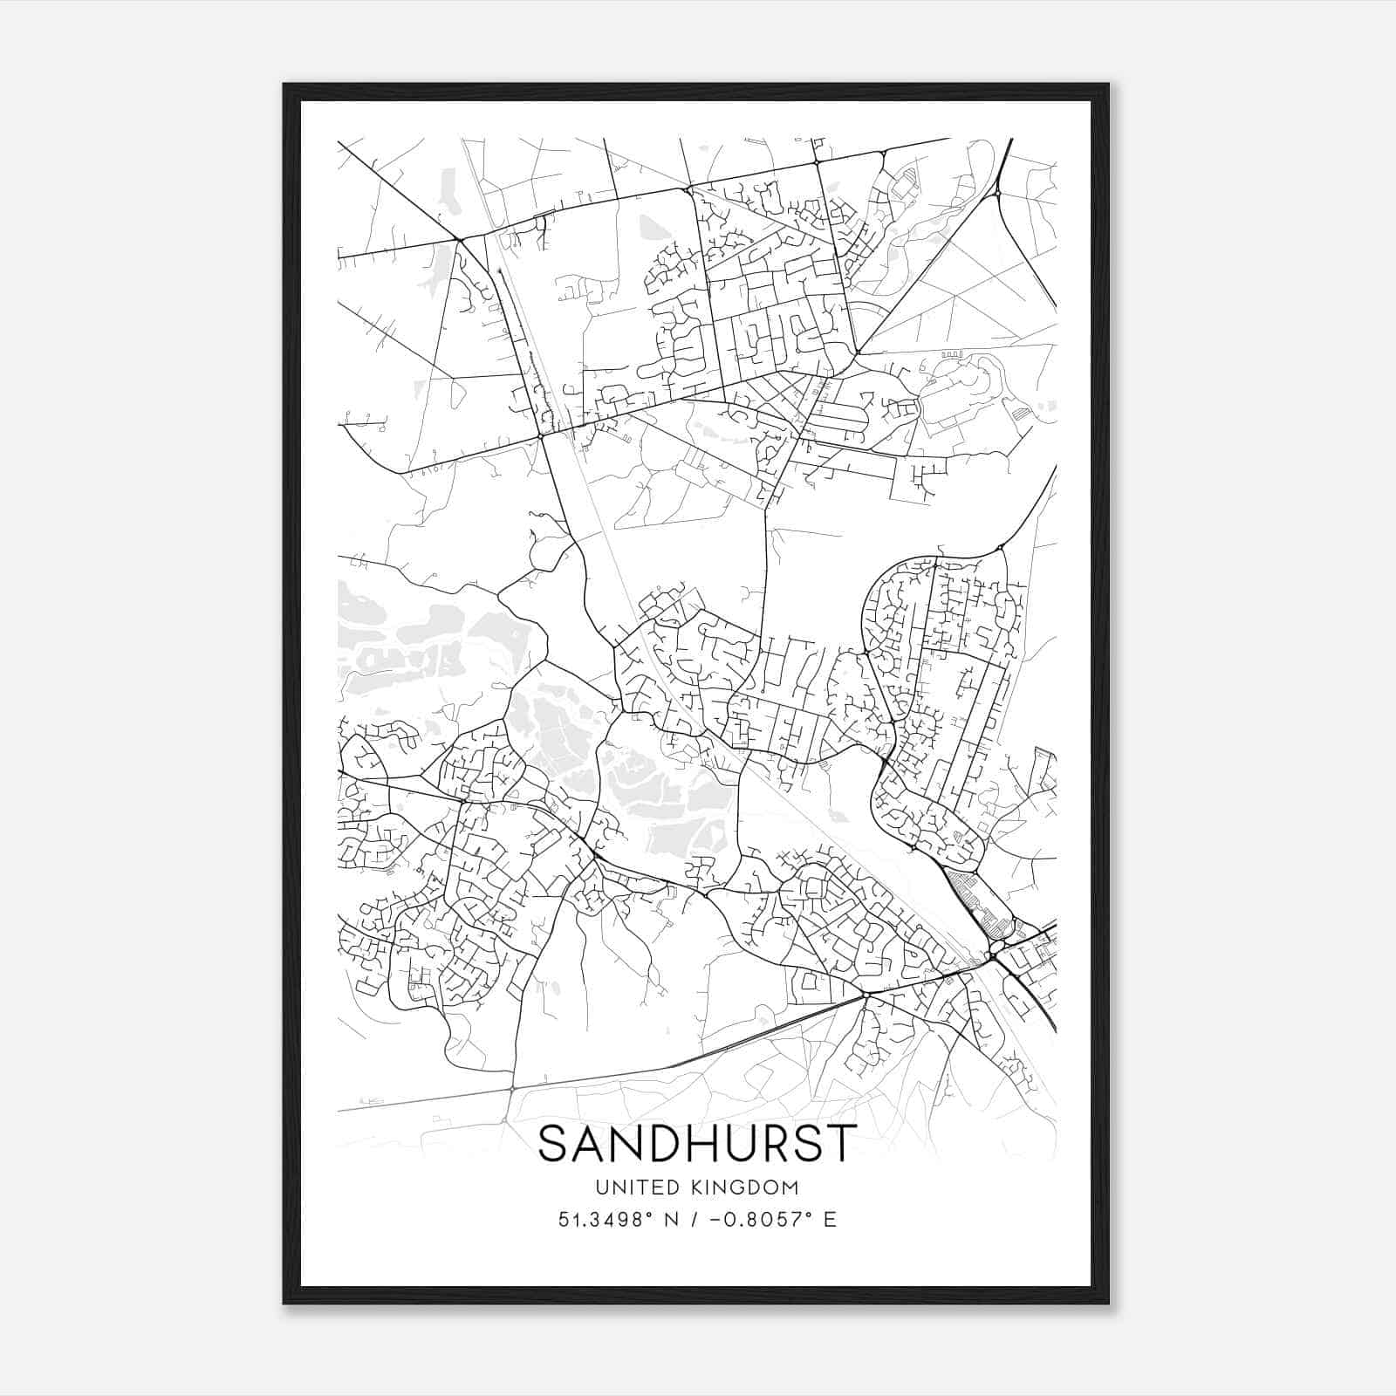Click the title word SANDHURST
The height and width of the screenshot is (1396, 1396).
click(x=697, y=1143)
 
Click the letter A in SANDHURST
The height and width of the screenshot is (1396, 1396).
click(x=592, y=1143)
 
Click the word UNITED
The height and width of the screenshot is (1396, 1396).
click(x=629, y=1187)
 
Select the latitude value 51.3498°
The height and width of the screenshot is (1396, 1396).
click(x=604, y=1220)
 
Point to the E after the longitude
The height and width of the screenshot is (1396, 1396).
click(x=830, y=1220)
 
